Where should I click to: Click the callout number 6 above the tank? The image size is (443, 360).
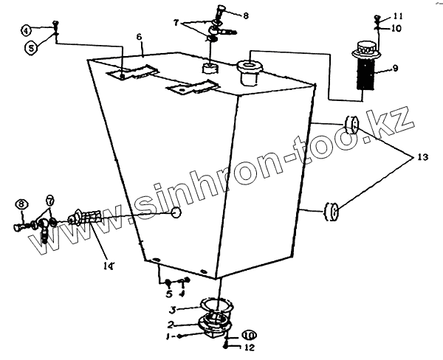[x=139, y=36]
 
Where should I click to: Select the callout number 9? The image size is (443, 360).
[x=395, y=69]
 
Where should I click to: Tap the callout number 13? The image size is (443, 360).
[x=422, y=158]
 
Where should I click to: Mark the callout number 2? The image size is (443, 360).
[x=170, y=324]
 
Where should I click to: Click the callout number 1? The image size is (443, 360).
[x=169, y=336]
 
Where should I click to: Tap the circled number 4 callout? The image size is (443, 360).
[x=26, y=30]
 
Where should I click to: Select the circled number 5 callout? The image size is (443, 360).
[x=31, y=47]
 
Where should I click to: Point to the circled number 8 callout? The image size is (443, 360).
[x=21, y=204]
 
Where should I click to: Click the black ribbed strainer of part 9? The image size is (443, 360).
[x=367, y=75]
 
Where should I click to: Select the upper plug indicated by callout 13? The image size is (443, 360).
[x=351, y=124]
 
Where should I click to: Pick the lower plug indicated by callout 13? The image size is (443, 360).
[x=332, y=213]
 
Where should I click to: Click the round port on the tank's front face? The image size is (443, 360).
[x=176, y=214]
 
